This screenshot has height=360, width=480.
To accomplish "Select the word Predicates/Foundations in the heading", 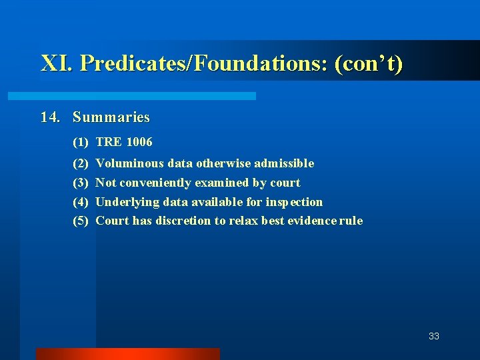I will point(204,64).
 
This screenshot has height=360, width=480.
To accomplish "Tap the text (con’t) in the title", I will point(369,64).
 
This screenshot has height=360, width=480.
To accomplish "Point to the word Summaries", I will point(111,117).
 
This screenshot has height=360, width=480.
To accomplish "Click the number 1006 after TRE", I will point(139,142).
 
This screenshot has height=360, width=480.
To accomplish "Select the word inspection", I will point(294,202).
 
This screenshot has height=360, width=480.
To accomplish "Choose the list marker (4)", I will point(81,202).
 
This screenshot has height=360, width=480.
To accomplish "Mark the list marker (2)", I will point(81,163).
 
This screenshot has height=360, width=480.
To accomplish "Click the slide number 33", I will point(434,336).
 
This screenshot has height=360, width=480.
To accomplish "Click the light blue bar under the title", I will point(131,96).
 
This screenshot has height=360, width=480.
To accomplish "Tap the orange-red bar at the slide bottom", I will point(127,353).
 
